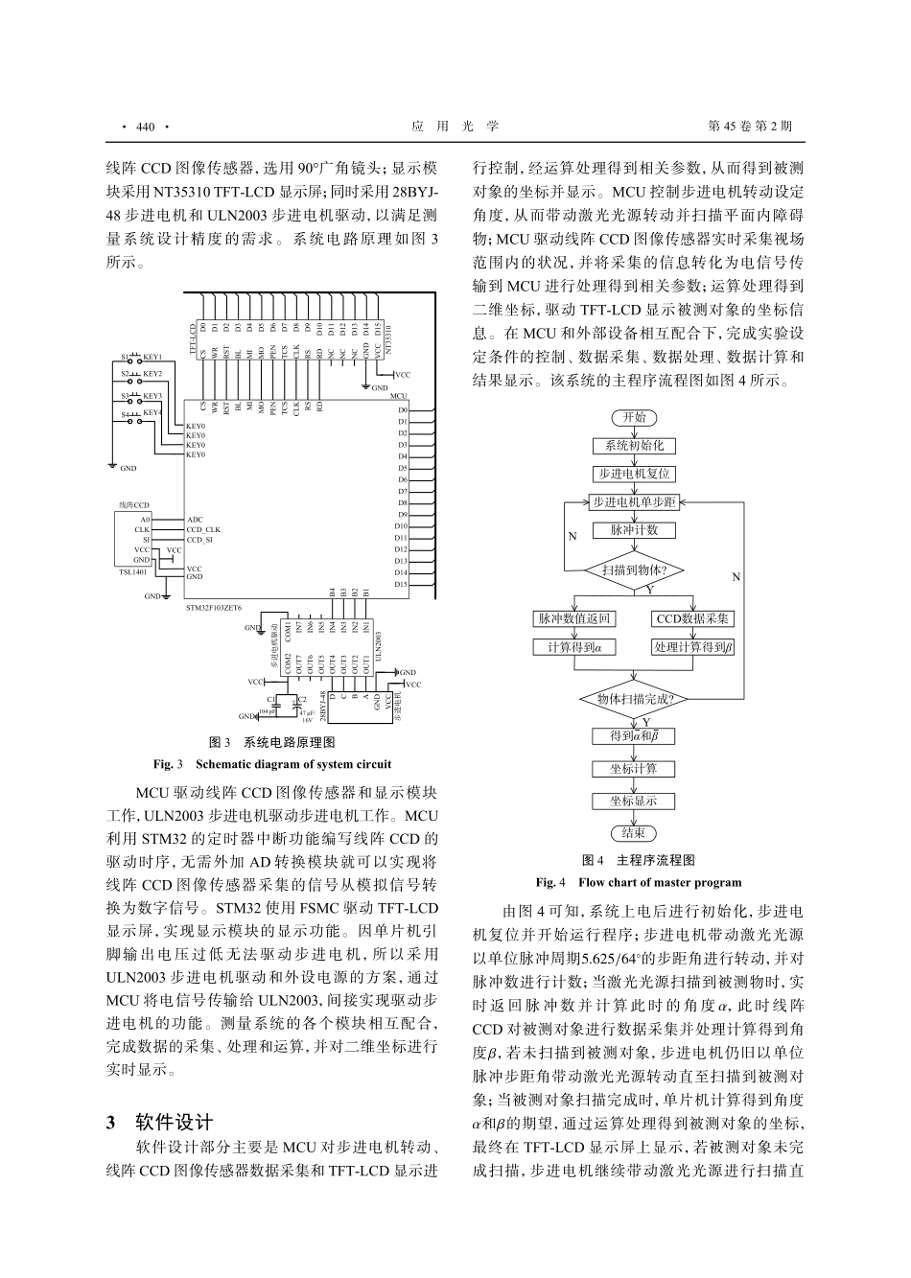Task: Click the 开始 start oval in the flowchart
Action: [634, 417]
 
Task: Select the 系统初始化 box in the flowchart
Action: [634, 446]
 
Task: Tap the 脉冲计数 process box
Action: [634, 530]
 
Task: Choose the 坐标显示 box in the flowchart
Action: [634, 801]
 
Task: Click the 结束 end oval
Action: [634, 832]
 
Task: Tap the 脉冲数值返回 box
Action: [573, 619]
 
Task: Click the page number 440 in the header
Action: [146, 127]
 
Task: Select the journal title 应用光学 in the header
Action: [455, 127]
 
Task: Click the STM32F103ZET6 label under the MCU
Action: [213, 608]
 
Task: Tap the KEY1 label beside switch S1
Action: [152, 357]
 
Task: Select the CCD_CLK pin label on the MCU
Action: [203, 529]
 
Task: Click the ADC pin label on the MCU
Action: [195, 519]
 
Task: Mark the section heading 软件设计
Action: [174, 1123]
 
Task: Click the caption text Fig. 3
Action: [168, 764]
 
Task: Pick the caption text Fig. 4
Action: [550, 882]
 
